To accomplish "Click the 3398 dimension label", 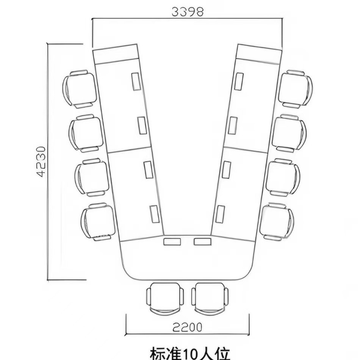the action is (x=188, y=11).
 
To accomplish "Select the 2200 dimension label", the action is (x=188, y=327).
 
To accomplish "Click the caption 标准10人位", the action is (x=190, y=353).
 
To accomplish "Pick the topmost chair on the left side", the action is (x=79, y=88).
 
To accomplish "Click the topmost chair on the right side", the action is (x=295, y=89).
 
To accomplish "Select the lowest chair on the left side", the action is (x=97, y=222).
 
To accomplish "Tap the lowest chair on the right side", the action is (x=277, y=222).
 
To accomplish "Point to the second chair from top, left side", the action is (x=86, y=133).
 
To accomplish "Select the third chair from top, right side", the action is (x=283, y=177).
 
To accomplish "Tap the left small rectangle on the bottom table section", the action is (x=172, y=241).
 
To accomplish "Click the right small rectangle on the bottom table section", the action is (x=202, y=241).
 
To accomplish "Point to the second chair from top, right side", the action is (x=289, y=133).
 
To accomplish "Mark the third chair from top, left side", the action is (x=92, y=177).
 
